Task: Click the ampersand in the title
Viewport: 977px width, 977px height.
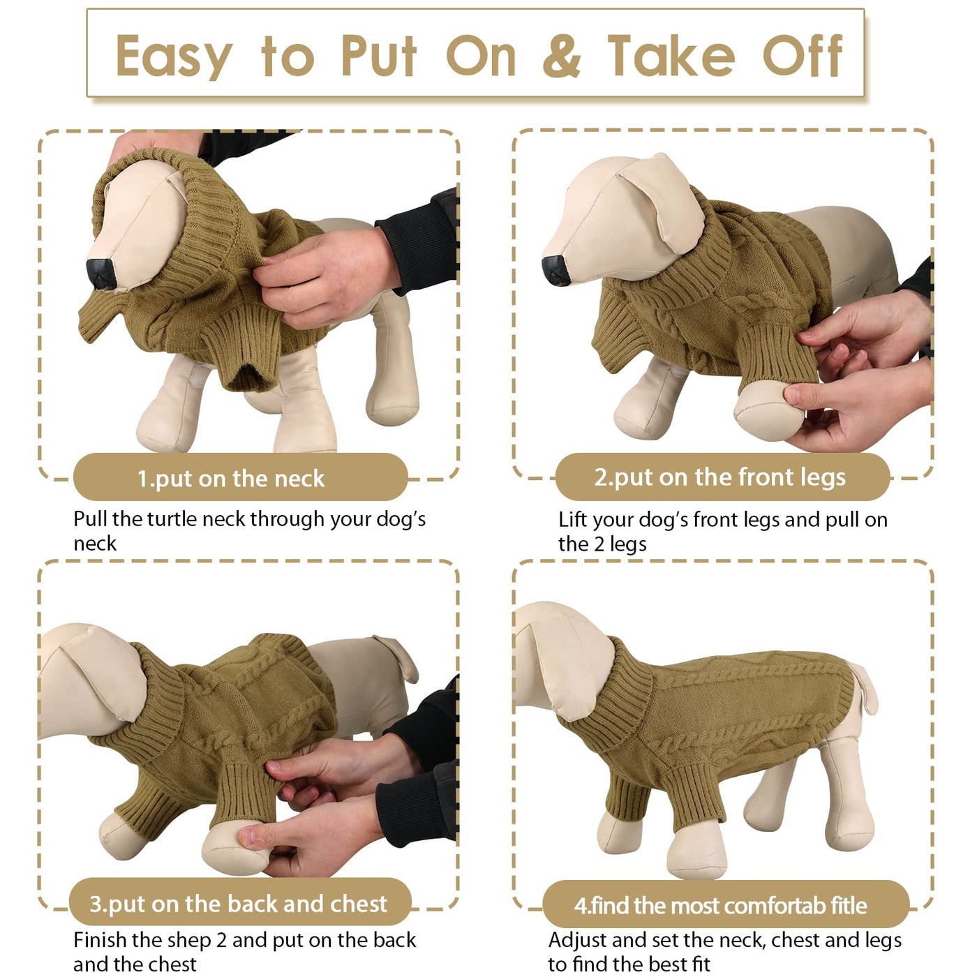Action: coord(562,57)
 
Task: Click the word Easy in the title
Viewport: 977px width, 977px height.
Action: coord(174,57)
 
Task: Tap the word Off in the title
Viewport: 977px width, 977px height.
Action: coord(802,56)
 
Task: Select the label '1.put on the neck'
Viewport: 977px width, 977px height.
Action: coord(231,479)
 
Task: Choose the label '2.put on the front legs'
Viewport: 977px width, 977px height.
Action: coord(720,477)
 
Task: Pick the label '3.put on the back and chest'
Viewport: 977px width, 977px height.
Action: coord(238,904)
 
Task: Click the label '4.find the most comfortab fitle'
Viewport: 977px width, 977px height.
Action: coord(720,906)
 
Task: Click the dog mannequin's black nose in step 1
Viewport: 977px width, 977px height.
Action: coord(101,274)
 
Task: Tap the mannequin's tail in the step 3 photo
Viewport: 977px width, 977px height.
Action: coord(401,657)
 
